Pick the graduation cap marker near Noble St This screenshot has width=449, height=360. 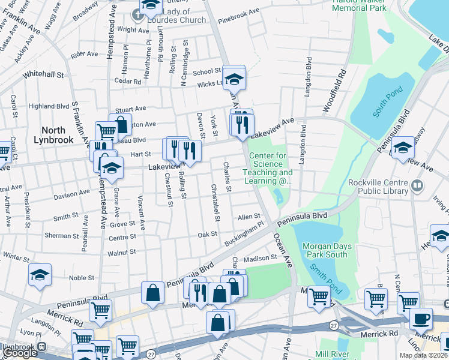(40, 274)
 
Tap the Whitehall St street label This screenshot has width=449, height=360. (43, 75)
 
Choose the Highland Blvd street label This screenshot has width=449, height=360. (49, 106)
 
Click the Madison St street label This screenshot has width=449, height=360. (260, 258)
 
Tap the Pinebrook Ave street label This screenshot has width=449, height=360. (239, 11)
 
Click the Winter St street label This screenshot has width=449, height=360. (16, 257)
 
